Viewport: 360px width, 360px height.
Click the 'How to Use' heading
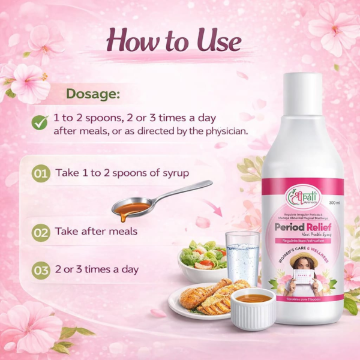click(173, 41)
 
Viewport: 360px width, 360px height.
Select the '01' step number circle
click(41, 174)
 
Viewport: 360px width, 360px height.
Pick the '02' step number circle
click(41, 232)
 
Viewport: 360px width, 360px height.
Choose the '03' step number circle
click(41, 271)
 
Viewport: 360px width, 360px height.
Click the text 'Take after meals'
click(97, 231)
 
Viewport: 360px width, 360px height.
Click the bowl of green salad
click(202, 258)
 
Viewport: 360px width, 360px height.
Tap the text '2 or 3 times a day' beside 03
click(97, 269)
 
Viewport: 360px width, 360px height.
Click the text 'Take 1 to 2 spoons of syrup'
click(122, 173)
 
